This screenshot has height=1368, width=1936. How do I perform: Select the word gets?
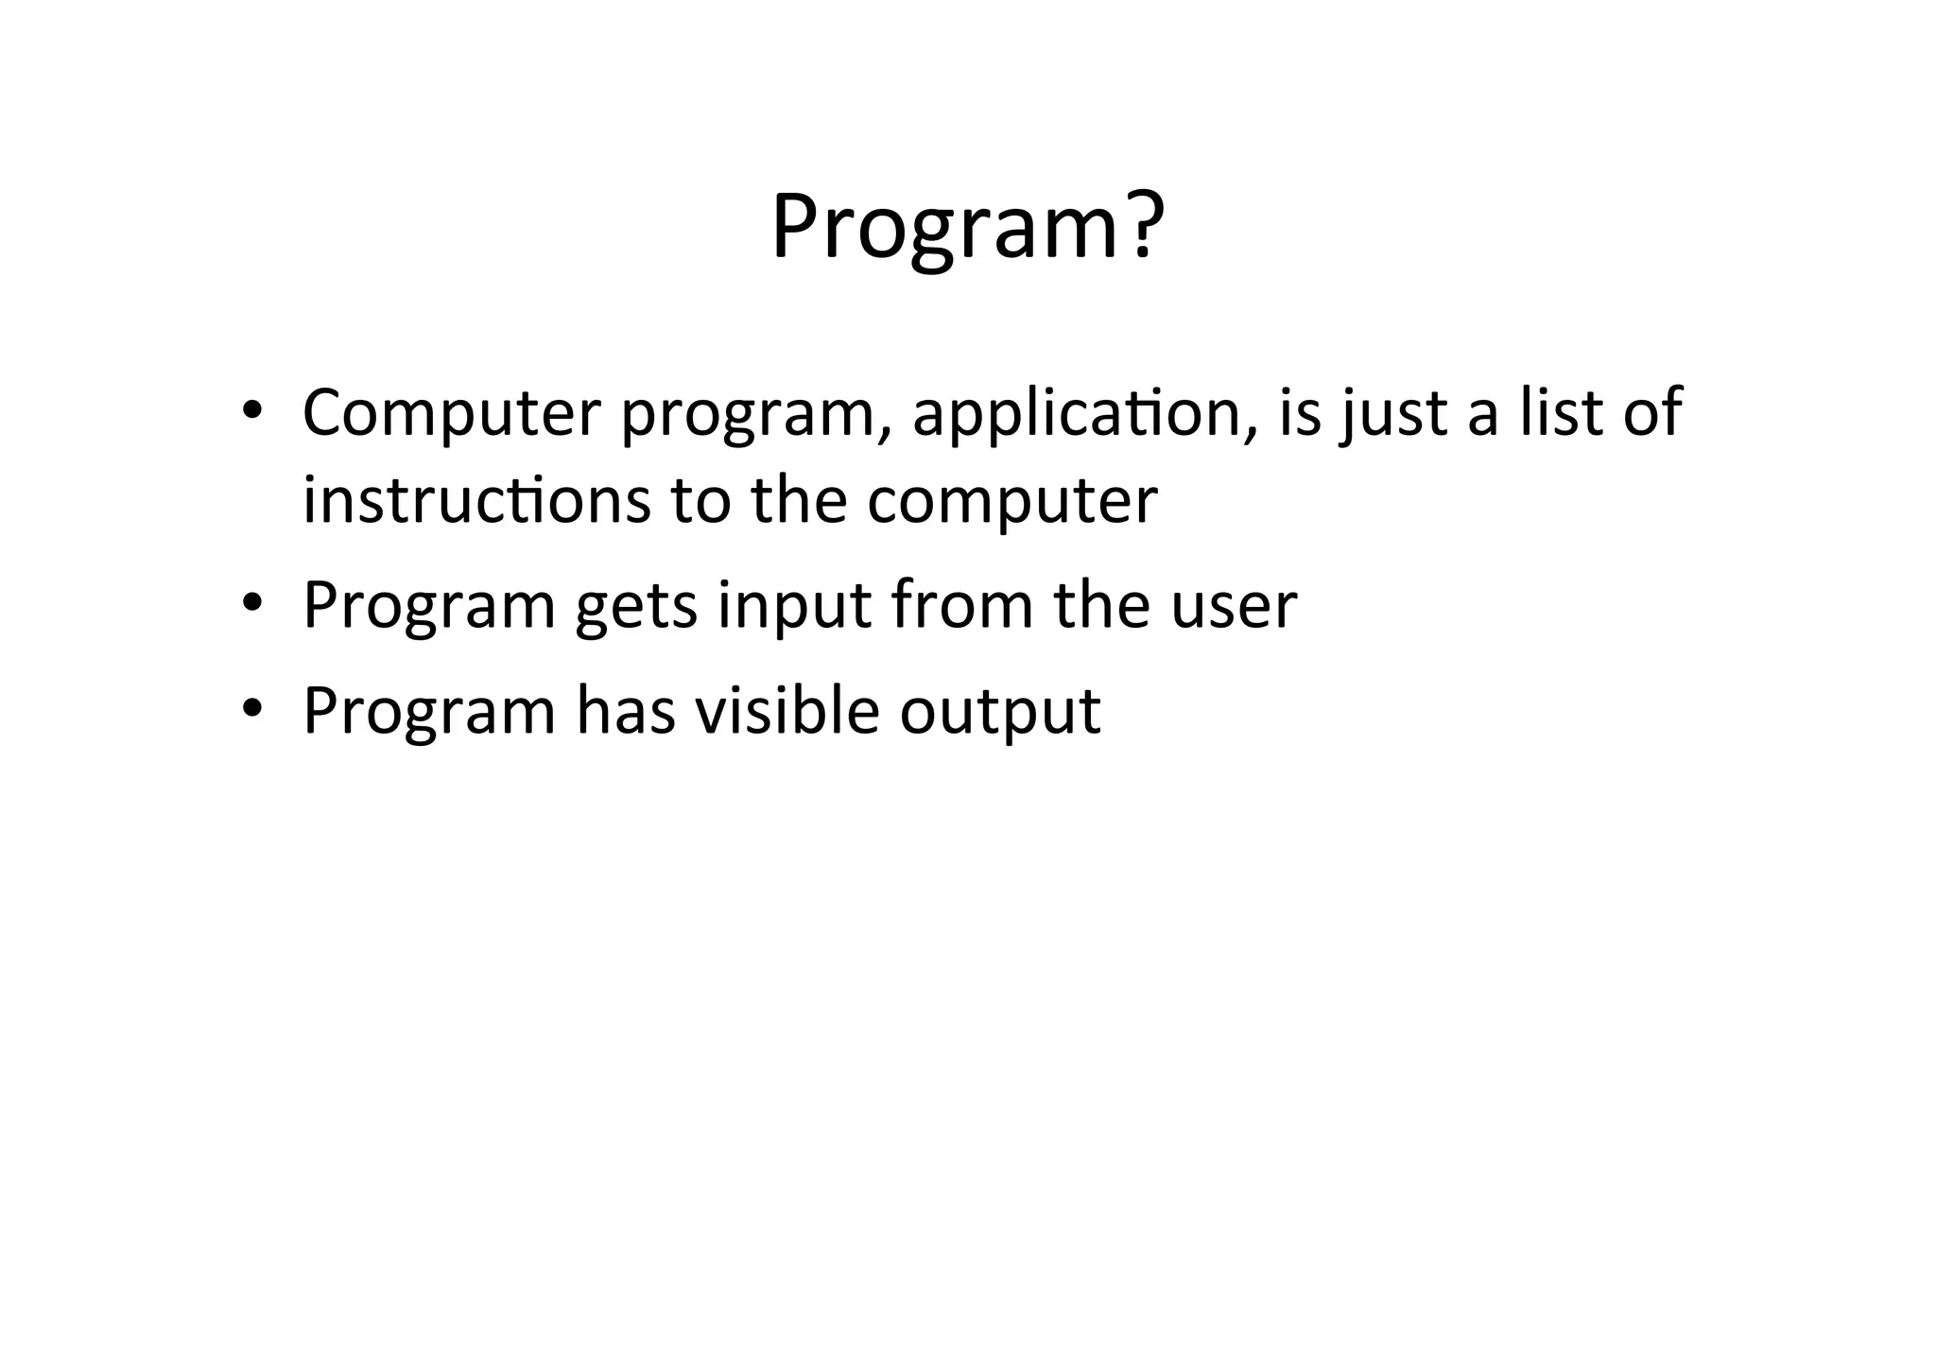coord(636,608)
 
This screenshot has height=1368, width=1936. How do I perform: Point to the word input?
coord(793,608)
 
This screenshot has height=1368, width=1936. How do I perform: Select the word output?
coord(999,713)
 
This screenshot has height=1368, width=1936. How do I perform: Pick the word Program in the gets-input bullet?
coord(428,608)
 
